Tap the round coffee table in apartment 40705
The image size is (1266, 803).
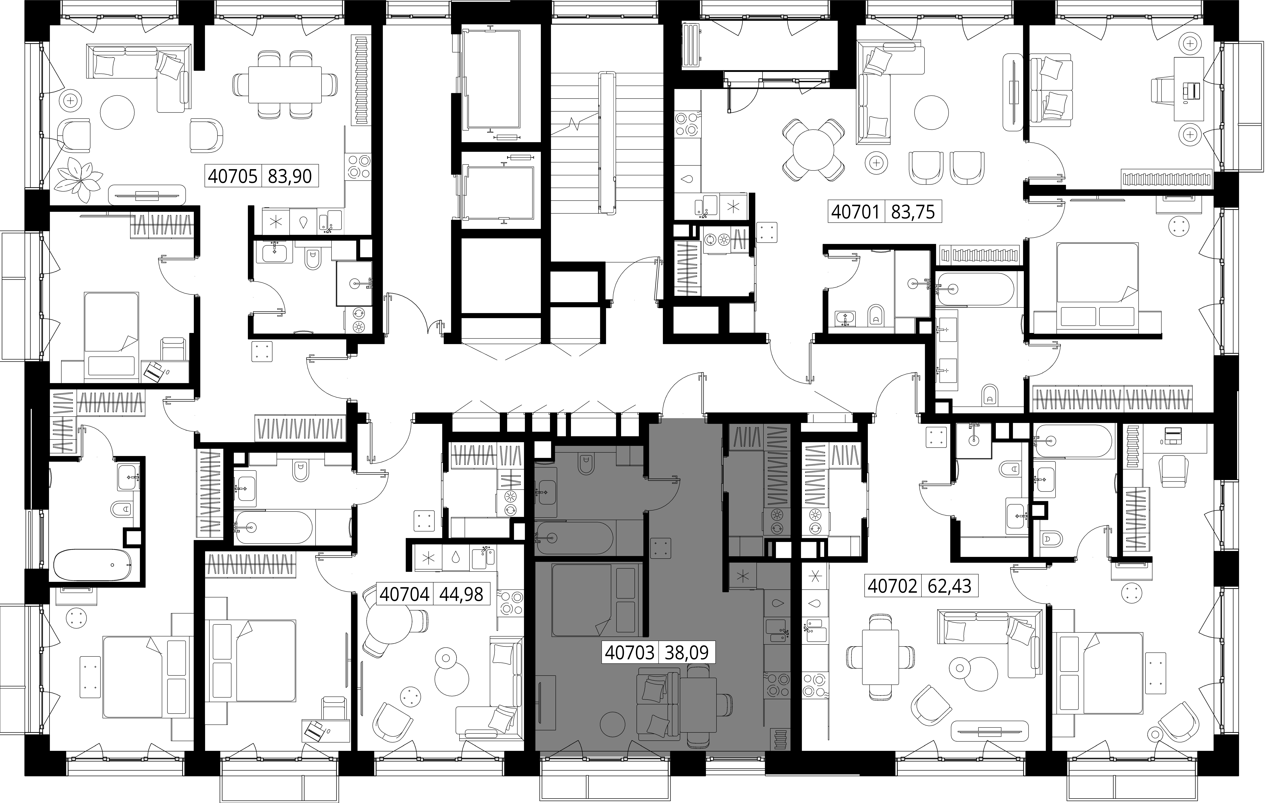click(118, 112)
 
